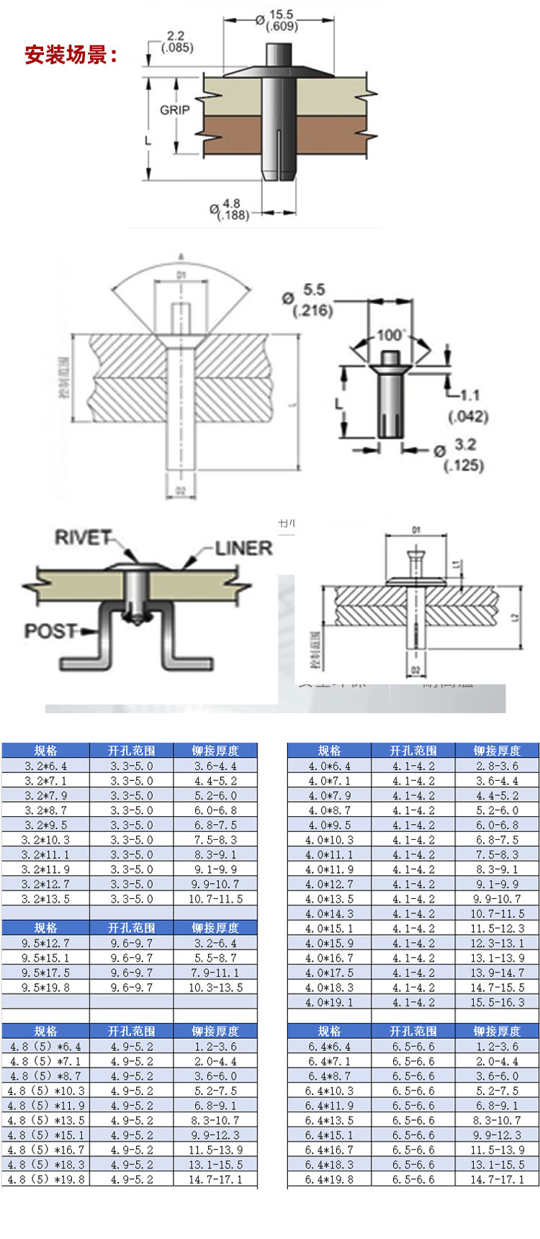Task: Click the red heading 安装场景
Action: pos(71,55)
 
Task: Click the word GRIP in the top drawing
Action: pos(174,110)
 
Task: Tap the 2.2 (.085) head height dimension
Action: pos(176,42)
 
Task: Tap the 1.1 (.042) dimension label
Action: pos(468,406)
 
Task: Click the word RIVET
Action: pos(84,537)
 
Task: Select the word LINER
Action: pos(243,548)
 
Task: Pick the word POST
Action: pos(50,631)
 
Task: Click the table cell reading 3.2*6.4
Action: pos(45,766)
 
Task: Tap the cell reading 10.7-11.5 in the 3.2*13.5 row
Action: pos(215,899)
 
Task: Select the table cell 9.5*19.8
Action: pos(45,988)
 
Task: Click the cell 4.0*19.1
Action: pos(329,1002)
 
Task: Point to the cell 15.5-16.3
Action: pos(497,1002)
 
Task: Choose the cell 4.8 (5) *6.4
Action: pos(45,1047)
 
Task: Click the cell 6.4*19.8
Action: pos(329,1179)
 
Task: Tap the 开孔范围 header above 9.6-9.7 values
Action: pos(131,928)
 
